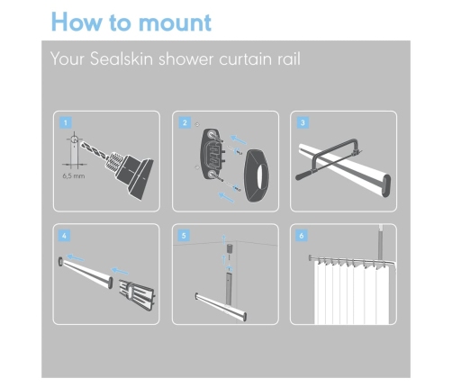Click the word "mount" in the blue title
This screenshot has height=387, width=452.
(x=175, y=22)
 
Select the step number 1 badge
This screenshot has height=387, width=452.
(x=66, y=122)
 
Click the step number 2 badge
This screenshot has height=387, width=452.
(x=185, y=122)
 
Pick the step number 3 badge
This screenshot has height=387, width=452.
(x=303, y=122)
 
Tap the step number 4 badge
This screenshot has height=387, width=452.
(x=64, y=236)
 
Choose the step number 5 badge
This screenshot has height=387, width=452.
(x=184, y=236)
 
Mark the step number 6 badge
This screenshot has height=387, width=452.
(x=302, y=236)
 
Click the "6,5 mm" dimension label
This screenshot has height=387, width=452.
(x=74, y=175)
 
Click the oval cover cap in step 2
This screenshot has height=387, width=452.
(x=257, y=175)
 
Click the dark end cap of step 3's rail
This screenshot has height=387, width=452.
(x=387, y=185)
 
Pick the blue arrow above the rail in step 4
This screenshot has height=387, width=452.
(x=76, y=257)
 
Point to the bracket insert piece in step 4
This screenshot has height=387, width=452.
(x=137, y=294)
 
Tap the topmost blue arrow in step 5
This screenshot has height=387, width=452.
(x=223, y=239)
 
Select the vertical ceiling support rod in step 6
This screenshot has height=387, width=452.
(x=381, y=243)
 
